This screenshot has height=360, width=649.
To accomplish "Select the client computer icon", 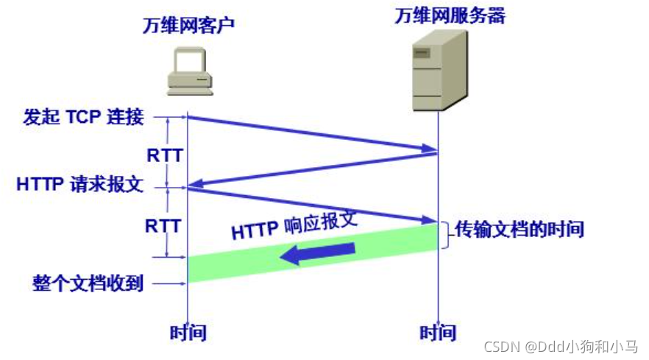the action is point(190,71).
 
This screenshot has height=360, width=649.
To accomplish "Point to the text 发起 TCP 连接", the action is point(83,116).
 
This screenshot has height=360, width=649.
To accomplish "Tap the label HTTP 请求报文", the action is point(79,185).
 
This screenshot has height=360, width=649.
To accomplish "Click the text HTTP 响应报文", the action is point(294,225).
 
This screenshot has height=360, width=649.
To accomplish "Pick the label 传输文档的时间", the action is point(519,229).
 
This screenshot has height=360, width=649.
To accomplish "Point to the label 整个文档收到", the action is point(88,283).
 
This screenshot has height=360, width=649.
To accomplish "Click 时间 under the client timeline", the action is point(188,333).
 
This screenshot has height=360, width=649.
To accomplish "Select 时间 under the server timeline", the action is point(438,333).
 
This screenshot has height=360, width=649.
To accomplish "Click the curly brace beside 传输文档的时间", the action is point(446,233).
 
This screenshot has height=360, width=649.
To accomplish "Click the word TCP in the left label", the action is point(85,116).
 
